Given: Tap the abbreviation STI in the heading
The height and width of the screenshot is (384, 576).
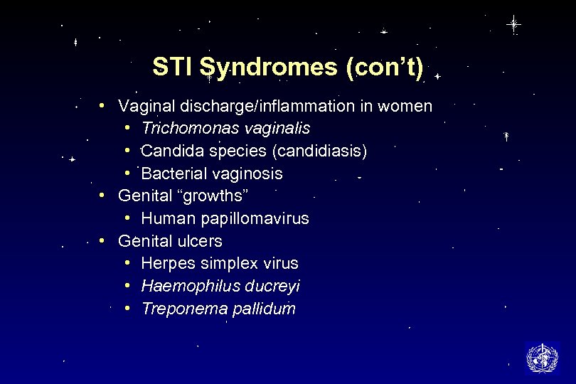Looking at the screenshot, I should pyautogui.click(x=173, y=67).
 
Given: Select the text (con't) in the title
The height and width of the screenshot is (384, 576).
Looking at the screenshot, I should pyautogui.click(x=383, y=67).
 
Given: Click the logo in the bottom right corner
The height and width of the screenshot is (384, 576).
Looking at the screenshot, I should pyautogui.click(x=542, y=358).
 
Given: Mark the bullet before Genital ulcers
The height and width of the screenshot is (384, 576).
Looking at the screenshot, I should pyautogui.click(x=103, y=240).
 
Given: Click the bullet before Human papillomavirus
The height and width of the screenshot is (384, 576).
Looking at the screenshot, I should pyautogui.click(x=126, y=218).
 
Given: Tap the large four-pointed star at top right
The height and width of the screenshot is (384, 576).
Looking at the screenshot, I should pyautogui.click(x=513, y=24).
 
